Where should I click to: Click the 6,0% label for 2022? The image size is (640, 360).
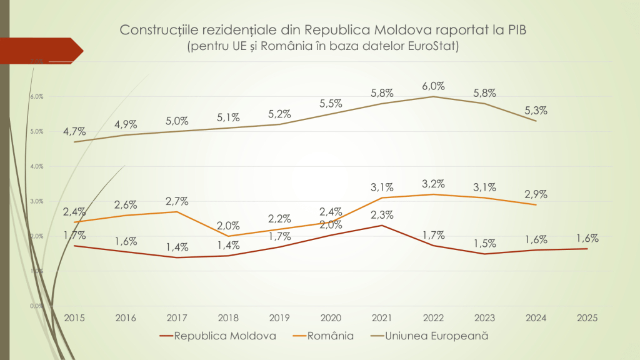pos(433,86)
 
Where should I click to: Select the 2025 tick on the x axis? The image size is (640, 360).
pos(587,317)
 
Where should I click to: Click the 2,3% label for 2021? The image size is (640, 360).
pos(382,215)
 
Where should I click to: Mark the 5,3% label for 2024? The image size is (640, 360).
pos(536,110)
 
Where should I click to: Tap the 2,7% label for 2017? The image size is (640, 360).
pos(177,201)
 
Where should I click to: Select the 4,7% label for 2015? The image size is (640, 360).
pos(74,131)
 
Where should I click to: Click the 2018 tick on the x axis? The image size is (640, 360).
pos(228,317)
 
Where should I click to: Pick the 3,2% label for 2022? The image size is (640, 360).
pos(433,184)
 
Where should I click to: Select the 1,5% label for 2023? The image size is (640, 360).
pos(484,243)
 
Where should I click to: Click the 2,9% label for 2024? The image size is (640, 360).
pos(536,194)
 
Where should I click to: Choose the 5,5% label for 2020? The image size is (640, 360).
pos(331,102)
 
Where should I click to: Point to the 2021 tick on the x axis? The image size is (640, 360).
pos(382,317)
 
